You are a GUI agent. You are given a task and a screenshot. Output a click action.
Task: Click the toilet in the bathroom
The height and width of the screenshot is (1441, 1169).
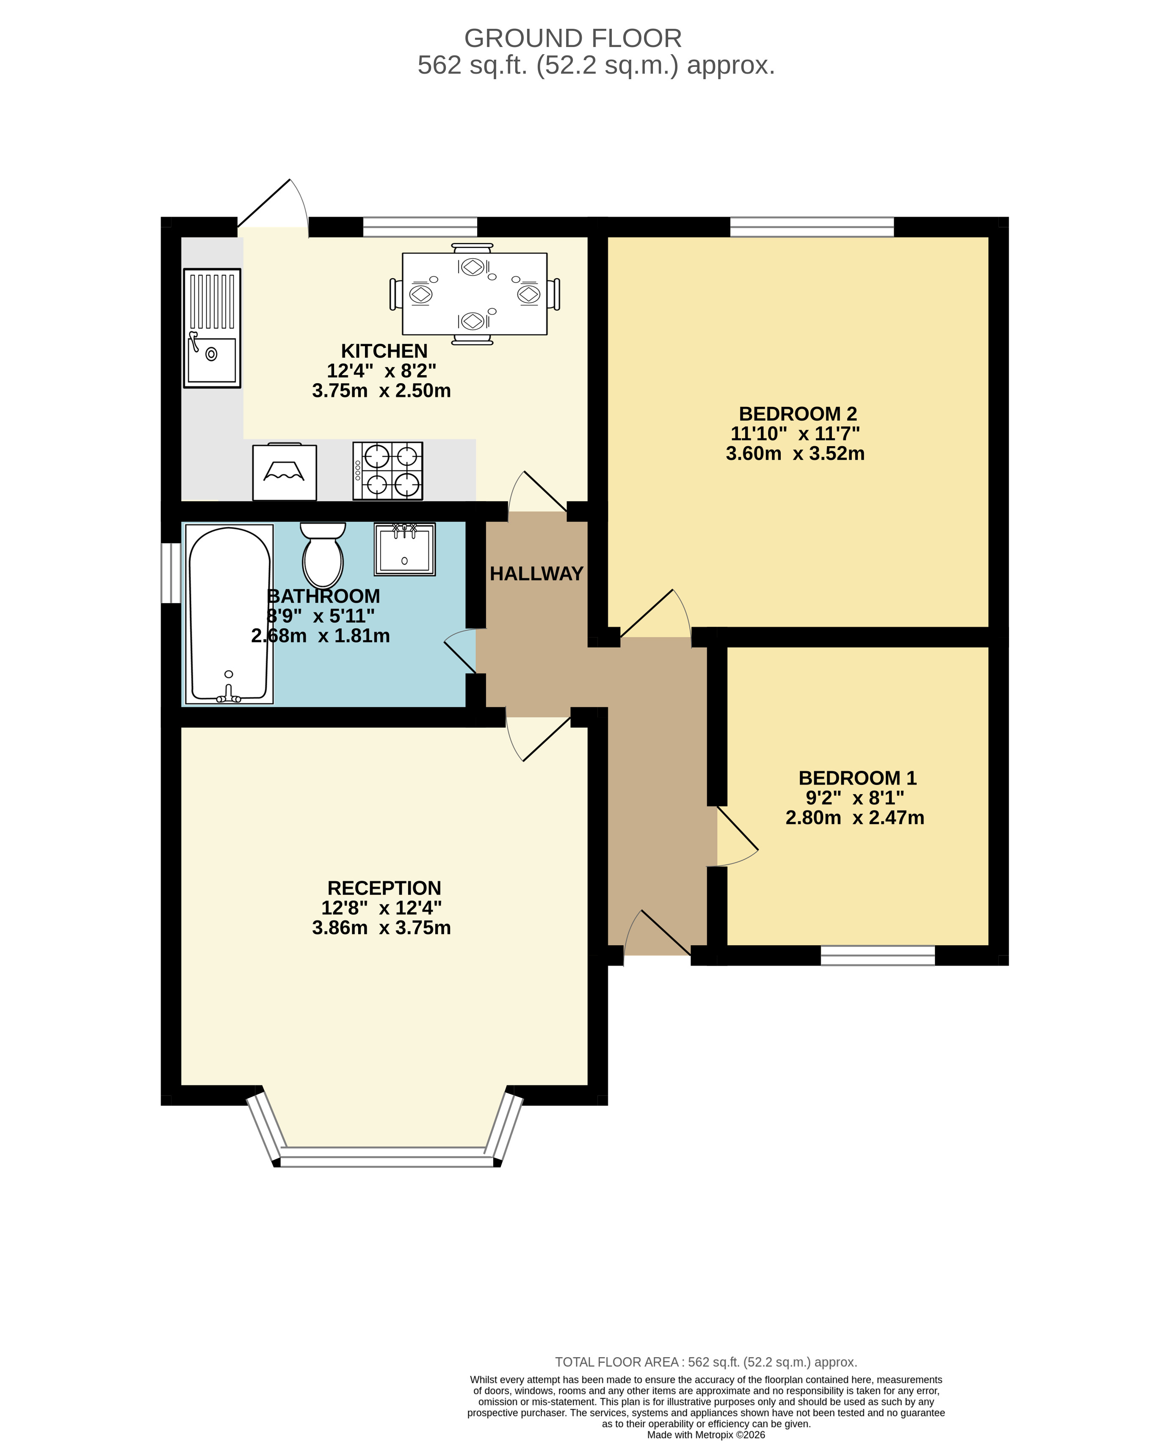point(323,555)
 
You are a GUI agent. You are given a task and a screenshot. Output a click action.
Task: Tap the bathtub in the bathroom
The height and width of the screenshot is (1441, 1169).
point(229,614)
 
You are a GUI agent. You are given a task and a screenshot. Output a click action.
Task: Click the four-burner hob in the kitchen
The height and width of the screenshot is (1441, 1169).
point(388,471)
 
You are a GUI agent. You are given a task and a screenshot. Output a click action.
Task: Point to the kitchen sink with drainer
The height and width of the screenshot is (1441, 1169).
point(212,328)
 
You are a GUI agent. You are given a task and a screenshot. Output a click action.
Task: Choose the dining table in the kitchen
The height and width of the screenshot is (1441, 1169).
point(475,294)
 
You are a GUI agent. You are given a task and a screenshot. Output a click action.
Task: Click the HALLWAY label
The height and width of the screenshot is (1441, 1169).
point(537,574)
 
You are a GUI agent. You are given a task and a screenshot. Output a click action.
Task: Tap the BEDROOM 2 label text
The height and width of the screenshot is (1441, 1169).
point(798,414)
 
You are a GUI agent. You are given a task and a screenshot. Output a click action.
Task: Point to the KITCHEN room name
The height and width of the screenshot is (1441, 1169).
point(384,351)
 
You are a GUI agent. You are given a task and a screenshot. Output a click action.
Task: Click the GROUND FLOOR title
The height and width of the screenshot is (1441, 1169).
point(573,39)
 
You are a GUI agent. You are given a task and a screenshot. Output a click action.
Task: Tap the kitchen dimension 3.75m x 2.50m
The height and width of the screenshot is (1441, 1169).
point(382,391)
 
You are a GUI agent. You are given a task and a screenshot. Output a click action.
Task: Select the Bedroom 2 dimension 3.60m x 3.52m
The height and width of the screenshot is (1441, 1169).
point(795,453)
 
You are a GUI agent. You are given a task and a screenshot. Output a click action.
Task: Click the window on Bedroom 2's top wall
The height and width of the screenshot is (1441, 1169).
point(812,227)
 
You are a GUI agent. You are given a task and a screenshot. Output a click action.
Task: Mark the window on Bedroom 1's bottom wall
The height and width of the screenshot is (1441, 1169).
point(878,955)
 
